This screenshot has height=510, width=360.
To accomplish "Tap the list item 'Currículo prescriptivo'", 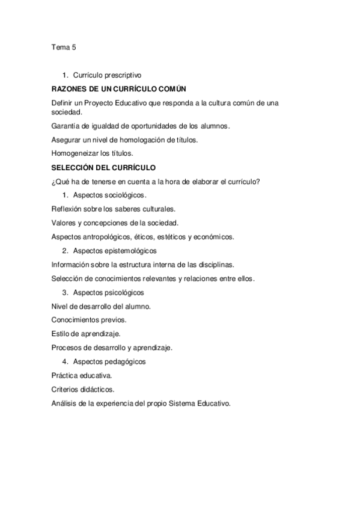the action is (107, 76).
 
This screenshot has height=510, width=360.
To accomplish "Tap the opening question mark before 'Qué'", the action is (53, 181).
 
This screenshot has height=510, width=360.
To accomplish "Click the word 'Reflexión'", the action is (67, 209).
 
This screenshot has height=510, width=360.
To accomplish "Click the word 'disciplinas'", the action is (214, 264).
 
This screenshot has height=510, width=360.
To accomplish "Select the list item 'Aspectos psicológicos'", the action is (109, 292).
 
